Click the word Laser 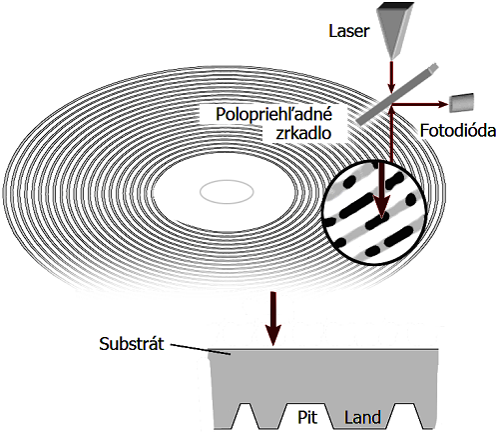349,31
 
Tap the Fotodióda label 458,131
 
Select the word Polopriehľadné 274,114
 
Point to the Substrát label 132,344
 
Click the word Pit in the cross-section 307,418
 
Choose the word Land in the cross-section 362,418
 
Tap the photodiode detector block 462,103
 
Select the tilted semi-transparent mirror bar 397,94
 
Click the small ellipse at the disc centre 227,192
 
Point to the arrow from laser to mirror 392,76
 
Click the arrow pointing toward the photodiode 421,104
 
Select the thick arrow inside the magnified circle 381,190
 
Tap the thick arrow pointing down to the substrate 272,319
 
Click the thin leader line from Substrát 201,349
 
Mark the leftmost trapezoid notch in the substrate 246,416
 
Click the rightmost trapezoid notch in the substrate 404,416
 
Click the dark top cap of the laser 395,6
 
